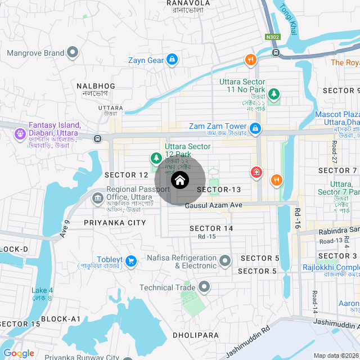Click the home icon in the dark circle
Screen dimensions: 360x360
point(179,181)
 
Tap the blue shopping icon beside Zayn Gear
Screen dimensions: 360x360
point(173,60)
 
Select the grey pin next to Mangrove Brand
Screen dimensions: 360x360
point(73,53)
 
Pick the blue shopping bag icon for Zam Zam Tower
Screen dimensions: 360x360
point(255,129)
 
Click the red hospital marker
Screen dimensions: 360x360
point(256,172)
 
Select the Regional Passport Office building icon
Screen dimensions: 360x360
point(97,198)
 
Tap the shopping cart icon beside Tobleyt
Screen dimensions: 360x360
point(131,261)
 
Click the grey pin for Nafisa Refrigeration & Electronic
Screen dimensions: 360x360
point(225,260)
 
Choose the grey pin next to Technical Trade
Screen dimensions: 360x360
point(204,287)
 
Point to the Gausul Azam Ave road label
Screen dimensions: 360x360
point(213,206)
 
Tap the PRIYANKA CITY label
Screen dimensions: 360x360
point(114,223)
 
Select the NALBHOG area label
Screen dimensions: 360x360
point(96,86)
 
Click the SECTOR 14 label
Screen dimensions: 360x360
point(211,228)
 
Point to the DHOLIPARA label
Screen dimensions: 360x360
point(195,335)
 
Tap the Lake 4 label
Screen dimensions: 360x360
point(42,291)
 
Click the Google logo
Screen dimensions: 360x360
point(19,353)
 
